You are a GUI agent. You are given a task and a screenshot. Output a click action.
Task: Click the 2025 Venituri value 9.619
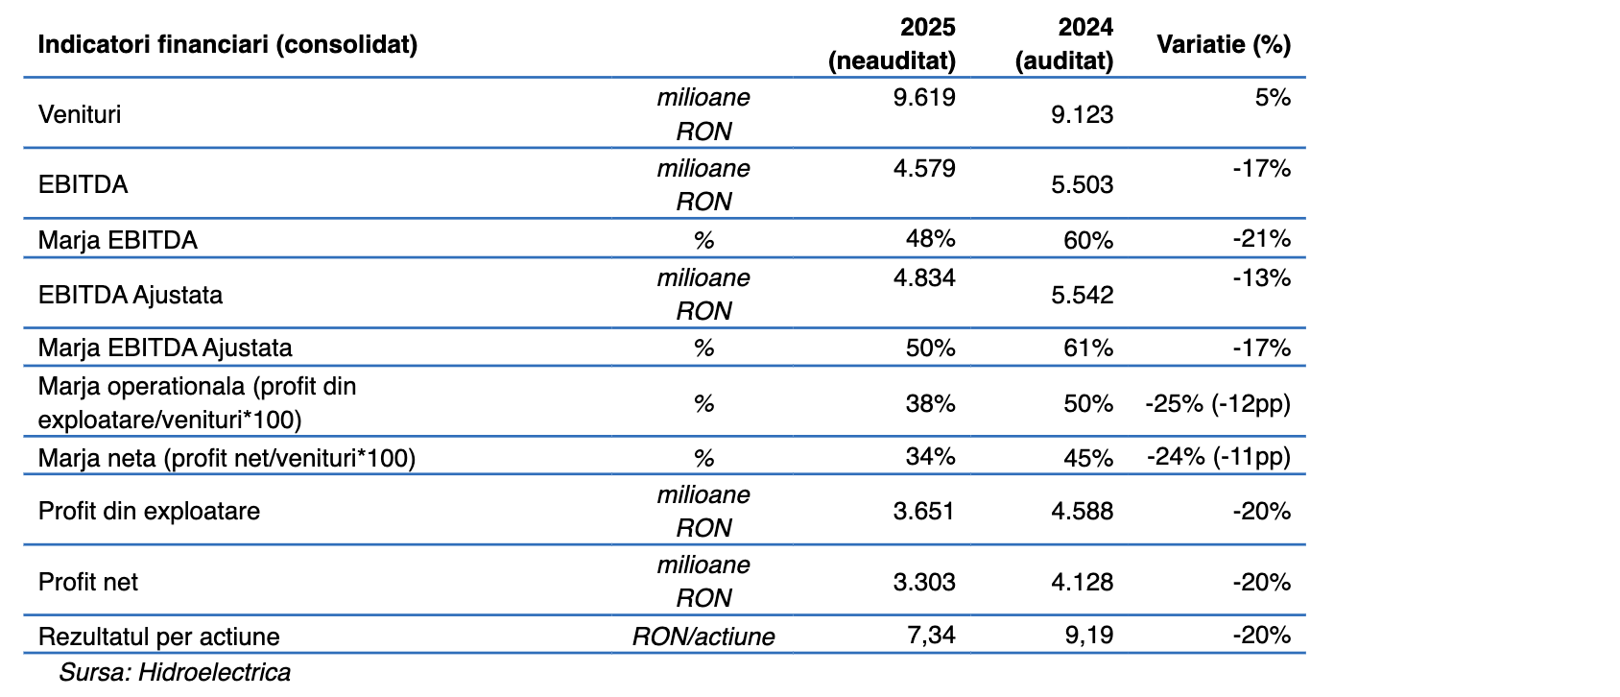923,98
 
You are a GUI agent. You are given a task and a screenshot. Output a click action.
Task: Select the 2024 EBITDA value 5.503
1082,184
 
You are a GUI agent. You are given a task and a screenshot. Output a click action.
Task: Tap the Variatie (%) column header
1223,44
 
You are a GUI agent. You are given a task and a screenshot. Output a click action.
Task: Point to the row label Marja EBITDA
117,240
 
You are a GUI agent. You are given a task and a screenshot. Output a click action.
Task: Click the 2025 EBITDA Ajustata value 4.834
923,278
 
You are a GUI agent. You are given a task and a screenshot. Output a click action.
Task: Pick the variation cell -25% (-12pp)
1217,403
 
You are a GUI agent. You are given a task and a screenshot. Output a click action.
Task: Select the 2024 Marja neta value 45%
1087,458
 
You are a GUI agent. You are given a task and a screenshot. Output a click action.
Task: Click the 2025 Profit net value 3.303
923,582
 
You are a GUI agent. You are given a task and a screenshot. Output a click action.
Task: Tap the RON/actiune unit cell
703,637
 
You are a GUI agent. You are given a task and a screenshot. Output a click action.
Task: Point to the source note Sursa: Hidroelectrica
175,672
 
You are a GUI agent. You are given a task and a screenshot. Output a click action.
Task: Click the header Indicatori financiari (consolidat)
227,44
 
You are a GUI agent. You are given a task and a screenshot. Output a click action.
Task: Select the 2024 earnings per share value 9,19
1089,636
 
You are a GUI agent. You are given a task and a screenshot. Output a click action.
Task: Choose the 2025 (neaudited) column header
893,44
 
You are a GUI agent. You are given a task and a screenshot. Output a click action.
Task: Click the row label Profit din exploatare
149,511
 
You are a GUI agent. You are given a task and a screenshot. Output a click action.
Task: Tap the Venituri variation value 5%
1273,98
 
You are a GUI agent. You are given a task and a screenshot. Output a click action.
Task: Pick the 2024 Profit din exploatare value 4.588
1082,511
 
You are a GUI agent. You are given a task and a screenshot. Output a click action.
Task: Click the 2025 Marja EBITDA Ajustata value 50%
930,348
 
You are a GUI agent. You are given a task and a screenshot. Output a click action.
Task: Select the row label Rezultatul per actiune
158,637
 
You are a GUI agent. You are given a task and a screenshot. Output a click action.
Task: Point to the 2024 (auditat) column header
1064,44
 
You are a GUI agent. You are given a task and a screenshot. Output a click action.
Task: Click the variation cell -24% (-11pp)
1218,456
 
